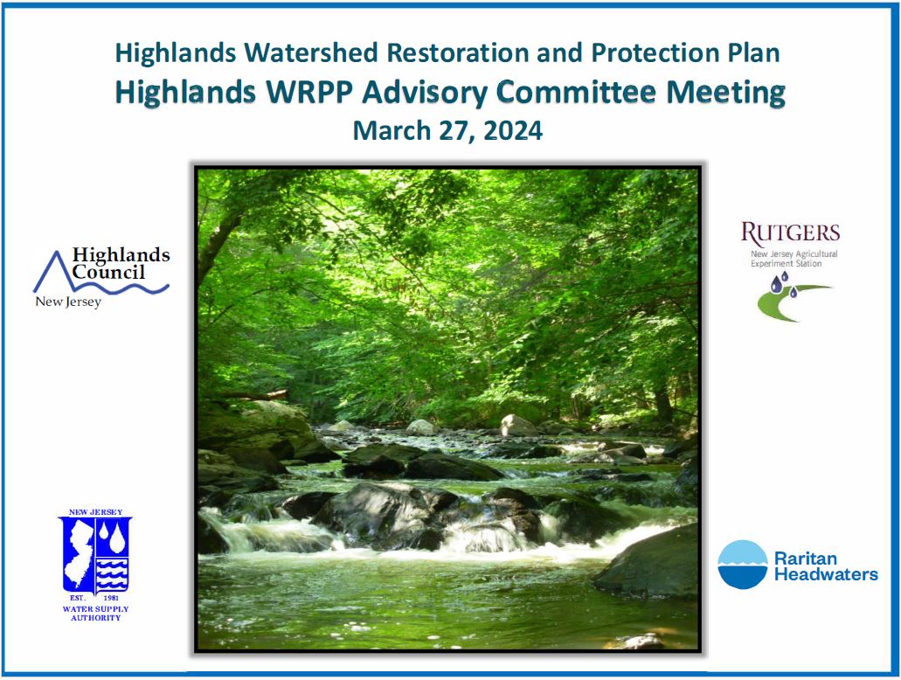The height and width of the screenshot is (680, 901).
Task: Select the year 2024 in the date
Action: coord(513,131)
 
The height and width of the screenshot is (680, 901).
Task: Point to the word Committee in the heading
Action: coord(576,92)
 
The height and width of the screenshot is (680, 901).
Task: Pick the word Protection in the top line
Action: coord(655,53)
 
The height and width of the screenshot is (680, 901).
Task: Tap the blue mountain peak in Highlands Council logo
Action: coord(55,253)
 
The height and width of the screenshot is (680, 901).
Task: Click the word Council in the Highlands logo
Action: coord(108,272)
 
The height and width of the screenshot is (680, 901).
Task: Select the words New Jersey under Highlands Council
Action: coord(68,302)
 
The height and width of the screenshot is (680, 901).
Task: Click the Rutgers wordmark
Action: coord(790,232)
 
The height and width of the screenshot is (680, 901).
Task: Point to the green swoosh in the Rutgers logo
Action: coord(788,301)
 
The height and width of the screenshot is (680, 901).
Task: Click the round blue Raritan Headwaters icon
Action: coord(743,565)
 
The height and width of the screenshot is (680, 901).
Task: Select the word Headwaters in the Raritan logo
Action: coord(827,574)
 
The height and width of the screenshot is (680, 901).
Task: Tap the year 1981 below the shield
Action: coord(111,598)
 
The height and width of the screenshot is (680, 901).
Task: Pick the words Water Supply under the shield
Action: coord(95,608)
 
